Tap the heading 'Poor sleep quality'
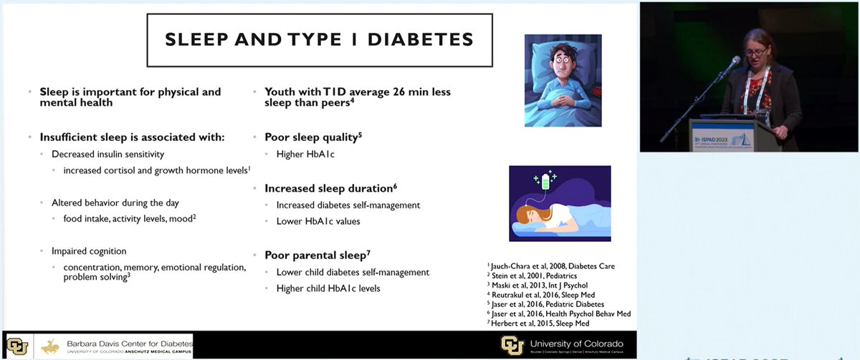[x=311, y=137]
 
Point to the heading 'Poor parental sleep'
[x=316, y=255]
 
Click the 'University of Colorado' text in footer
[x=575, y=343]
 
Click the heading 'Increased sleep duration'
[x=330, y=188]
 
